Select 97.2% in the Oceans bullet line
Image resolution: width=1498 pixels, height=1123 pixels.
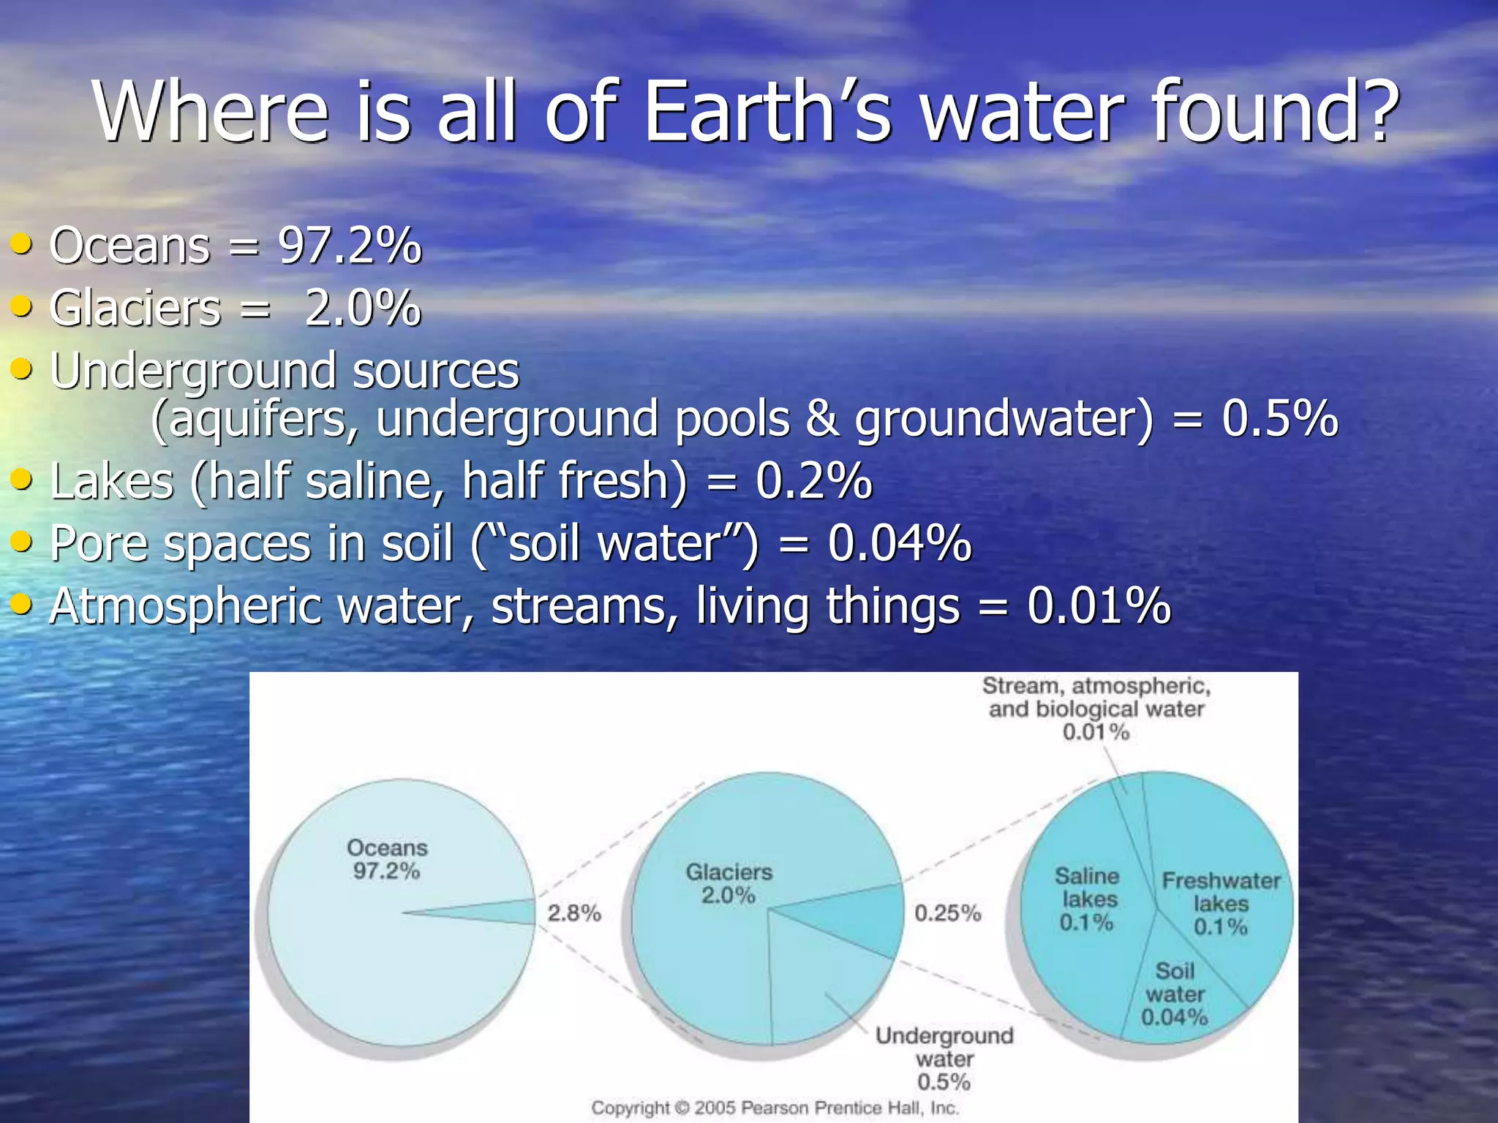[350, 246]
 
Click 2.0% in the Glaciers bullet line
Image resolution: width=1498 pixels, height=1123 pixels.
[362, 308]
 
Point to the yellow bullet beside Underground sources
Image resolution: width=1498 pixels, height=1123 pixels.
[21, 368]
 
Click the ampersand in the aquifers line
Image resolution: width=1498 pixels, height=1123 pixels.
[821, 419]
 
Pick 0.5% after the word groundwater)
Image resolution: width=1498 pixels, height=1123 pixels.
[1279, 419]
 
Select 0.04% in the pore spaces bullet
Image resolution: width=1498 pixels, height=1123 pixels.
[899, 544]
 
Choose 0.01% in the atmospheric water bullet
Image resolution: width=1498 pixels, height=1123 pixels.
[1099, 607]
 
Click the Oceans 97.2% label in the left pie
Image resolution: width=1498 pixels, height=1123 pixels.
[386, 859]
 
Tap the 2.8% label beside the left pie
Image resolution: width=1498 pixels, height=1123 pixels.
[574, 912]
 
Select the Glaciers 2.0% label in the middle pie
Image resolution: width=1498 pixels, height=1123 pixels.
[729, 883]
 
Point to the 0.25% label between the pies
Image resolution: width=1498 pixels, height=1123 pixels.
[947, 912]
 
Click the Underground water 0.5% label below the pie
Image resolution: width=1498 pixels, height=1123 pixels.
[944, 1059]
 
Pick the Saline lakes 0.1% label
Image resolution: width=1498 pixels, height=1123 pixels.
[1087, 899]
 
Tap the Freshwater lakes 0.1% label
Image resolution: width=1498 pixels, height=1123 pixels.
[1220, 904]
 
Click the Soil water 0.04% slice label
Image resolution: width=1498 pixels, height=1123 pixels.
[1174, 994]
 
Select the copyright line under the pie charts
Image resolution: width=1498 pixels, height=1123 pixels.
[775, 1108]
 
